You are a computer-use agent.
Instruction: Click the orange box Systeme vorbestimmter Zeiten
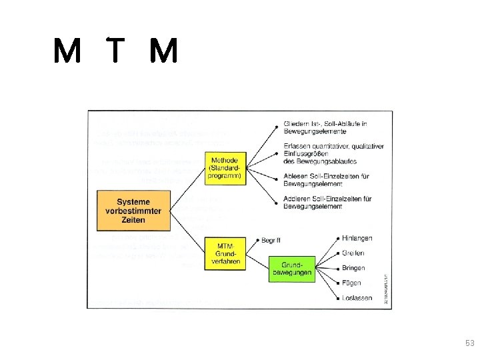coord(133,210)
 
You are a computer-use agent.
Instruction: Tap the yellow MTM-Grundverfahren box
coord(223,253)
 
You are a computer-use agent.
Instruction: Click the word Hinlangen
coord(357,239)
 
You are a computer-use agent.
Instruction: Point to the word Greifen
coord(354,253)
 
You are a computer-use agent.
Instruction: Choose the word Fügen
coord(352,283)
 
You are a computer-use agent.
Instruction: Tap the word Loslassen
coord(357,298)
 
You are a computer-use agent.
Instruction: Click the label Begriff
coord(271,240)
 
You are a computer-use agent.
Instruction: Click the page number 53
coord(469,343)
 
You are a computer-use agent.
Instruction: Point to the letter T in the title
coord(117,51)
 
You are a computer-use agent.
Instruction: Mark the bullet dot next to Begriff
coord(257,240)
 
